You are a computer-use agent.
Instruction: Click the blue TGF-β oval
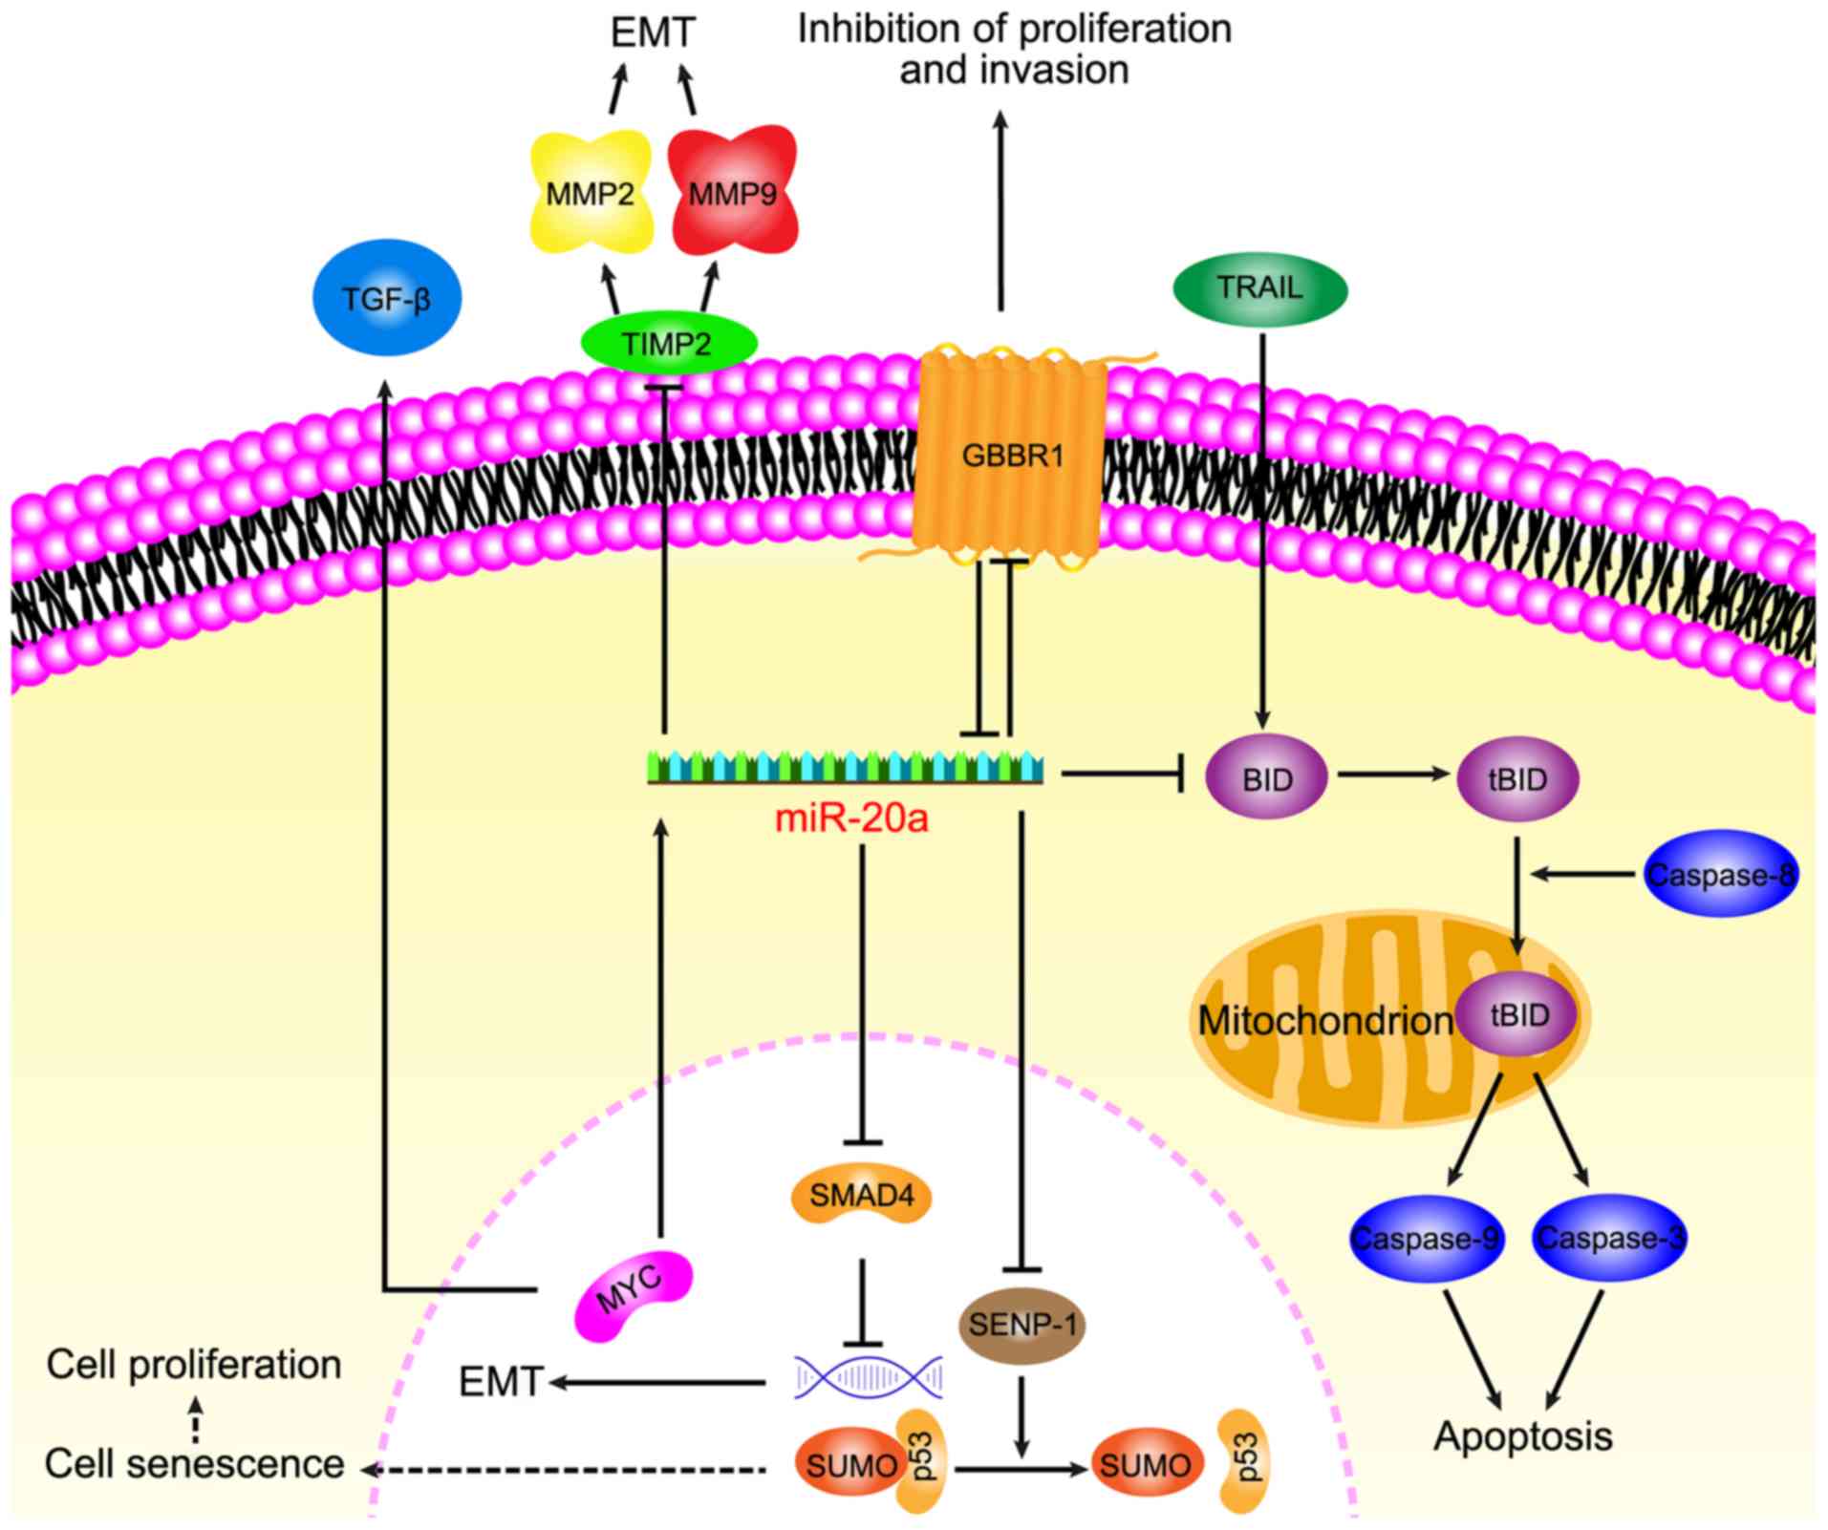pyautogui.click(x=387, y=298)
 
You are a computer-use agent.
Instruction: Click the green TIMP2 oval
pyautogui.click(x=668, y=343)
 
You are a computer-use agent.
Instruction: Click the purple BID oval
pyautogui.click(x=1267, y=779)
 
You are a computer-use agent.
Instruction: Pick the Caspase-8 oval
pyautogui.click(x=1720, y=874)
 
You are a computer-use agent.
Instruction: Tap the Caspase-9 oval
pyautogui.click(x=1426, y=1239)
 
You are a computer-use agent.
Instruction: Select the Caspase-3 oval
pyautogui.click(x=1610, y=1239)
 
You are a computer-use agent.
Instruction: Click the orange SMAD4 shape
pyautogui.click(x=862, y=1195)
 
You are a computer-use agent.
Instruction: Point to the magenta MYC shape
pyautogui.click(x=632, y=1295)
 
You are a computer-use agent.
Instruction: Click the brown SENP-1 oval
pyautogui.click(x=1022, y=1326)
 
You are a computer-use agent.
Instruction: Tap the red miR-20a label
pyautogui.click(x=851, y=818)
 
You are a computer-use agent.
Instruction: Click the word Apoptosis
pyautogui.click(x=1523, y=1436)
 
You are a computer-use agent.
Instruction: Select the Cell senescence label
pyautogui.click(x=195, y=1463)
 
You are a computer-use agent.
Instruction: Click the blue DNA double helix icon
pyautogui.click(x=869, y=1377)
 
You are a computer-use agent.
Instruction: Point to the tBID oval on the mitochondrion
pyautogui.click(x=1519, y=1014)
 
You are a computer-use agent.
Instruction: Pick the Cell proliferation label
pyautogui.click(x=194, y=1365)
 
